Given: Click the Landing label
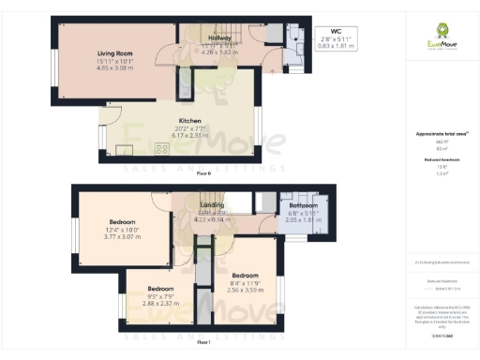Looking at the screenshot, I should (x=210, y=204).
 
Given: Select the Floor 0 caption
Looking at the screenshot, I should (x=203, y=174).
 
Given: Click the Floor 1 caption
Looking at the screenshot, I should (x=203, y=343).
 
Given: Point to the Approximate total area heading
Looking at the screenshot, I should (x=442, y=134).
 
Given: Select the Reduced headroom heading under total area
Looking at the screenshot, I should (x=442, y=160).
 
